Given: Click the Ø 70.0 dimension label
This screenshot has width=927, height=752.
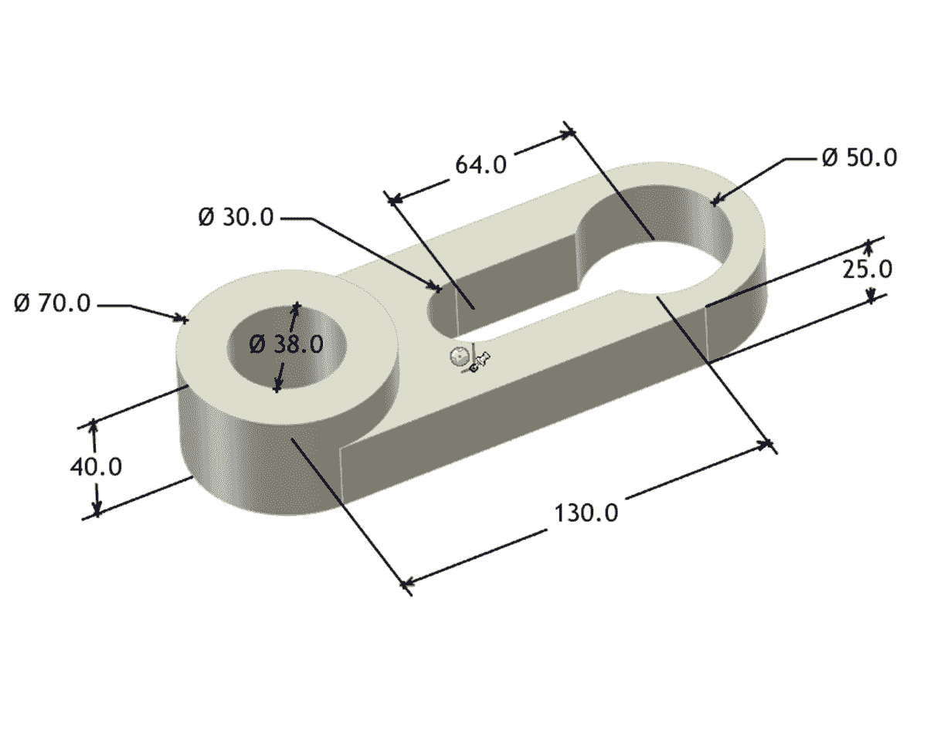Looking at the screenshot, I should pos(52,303).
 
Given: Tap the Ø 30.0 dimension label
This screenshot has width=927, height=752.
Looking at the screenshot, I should pos(236,217).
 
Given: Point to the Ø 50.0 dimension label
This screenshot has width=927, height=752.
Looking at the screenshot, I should pos(859,158).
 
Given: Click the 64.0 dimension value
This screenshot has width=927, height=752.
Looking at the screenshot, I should pos(480,164).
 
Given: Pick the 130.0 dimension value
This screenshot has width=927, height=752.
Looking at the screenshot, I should pos(586,513).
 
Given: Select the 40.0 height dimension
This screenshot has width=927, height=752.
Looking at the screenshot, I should pos(96,466).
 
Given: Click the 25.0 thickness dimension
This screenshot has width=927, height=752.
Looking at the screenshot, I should pos(868,269).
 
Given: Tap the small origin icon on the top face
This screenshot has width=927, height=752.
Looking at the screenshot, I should pos(459,357).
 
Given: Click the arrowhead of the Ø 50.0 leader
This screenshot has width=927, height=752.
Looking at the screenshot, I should pos(715,202).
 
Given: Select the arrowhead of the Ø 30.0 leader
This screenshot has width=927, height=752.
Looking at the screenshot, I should pos(437,289).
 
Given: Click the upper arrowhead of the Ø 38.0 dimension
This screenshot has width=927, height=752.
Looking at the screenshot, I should pos(295,307).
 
